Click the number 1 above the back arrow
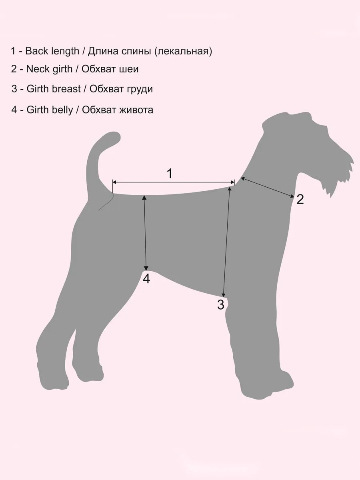(170, 174)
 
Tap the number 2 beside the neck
(300, 199)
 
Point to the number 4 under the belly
(146, 279)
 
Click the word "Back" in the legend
(37, 51)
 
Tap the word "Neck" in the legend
(38, 69)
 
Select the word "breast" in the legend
(68, 89)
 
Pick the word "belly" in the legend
(62, 110)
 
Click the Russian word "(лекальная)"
(183, 52)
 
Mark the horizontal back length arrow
(173, 182)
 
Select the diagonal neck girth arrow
(268, 188)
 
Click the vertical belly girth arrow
(145, 233)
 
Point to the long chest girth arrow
(226, 242)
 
